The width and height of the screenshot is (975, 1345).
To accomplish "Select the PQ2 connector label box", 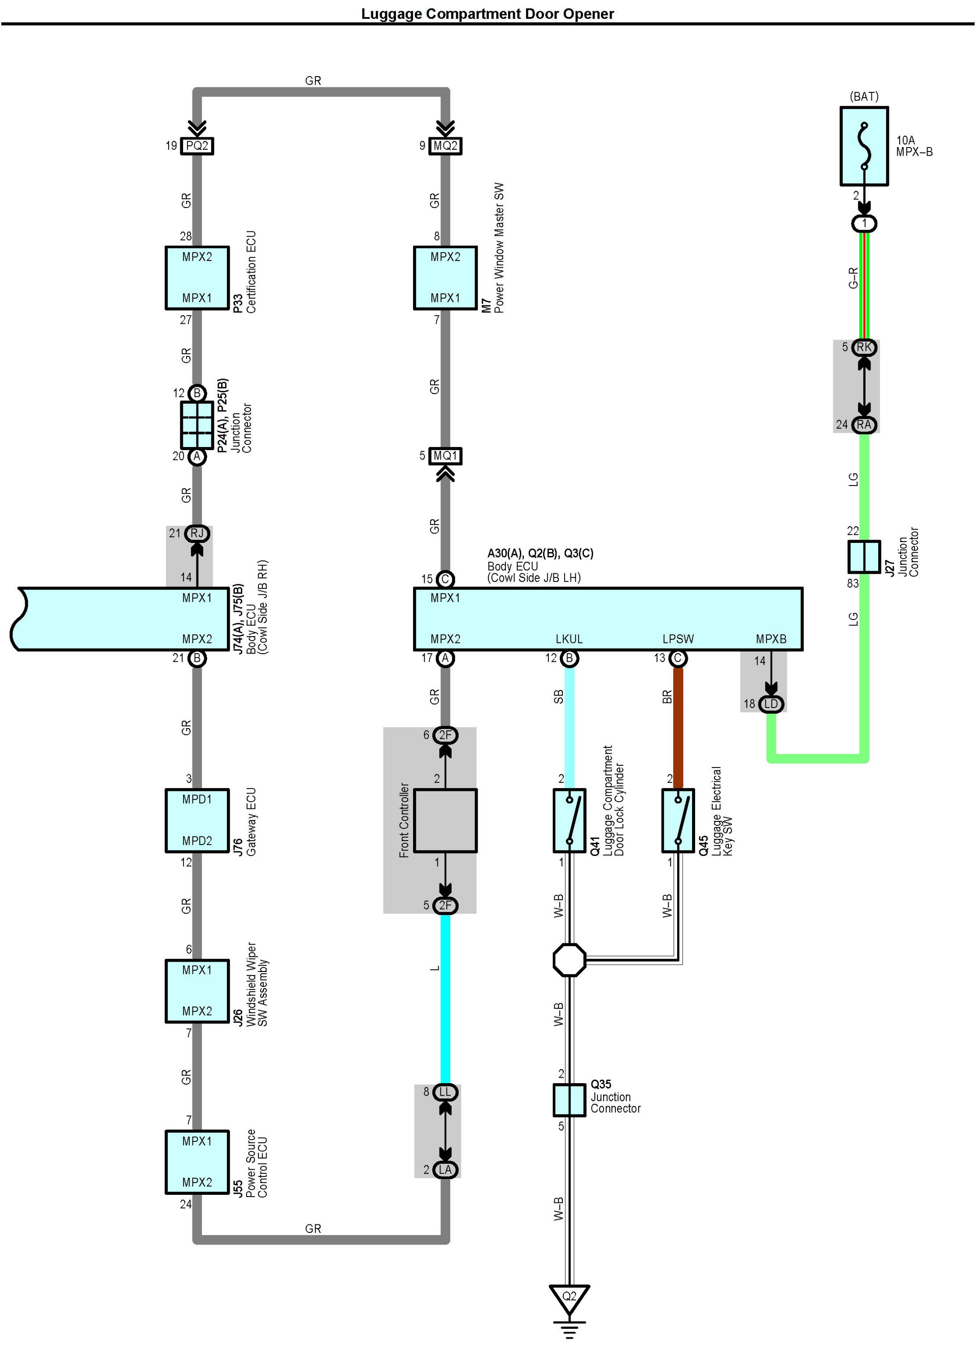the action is pos(197,146).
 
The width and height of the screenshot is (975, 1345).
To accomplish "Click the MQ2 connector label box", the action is pos(445,146).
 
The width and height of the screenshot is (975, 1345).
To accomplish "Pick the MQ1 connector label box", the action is pos(445,456).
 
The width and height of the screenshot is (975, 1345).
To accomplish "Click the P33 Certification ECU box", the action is pos(197,278).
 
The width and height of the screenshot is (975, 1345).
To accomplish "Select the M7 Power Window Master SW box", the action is pos(445,278).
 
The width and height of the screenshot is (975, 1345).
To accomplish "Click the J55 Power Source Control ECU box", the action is pos(197,1162).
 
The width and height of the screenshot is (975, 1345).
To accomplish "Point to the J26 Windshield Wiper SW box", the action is pos(197,991).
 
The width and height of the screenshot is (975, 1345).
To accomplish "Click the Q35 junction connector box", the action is pos(569,1100).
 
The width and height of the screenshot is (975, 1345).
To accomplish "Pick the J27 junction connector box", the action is pos(864,557).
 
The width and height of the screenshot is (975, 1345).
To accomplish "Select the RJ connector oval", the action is pos(197,533).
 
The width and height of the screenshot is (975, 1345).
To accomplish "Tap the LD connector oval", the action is pos(771,704).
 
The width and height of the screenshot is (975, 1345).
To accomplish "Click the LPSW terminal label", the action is pos(678,639).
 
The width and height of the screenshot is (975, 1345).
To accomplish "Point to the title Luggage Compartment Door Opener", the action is pos(487,13).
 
